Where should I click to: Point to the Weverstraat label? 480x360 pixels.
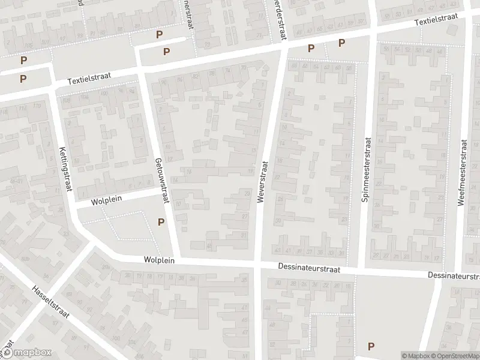262,182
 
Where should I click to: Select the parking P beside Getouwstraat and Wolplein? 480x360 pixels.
161,222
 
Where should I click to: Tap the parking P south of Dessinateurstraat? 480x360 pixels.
371,346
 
